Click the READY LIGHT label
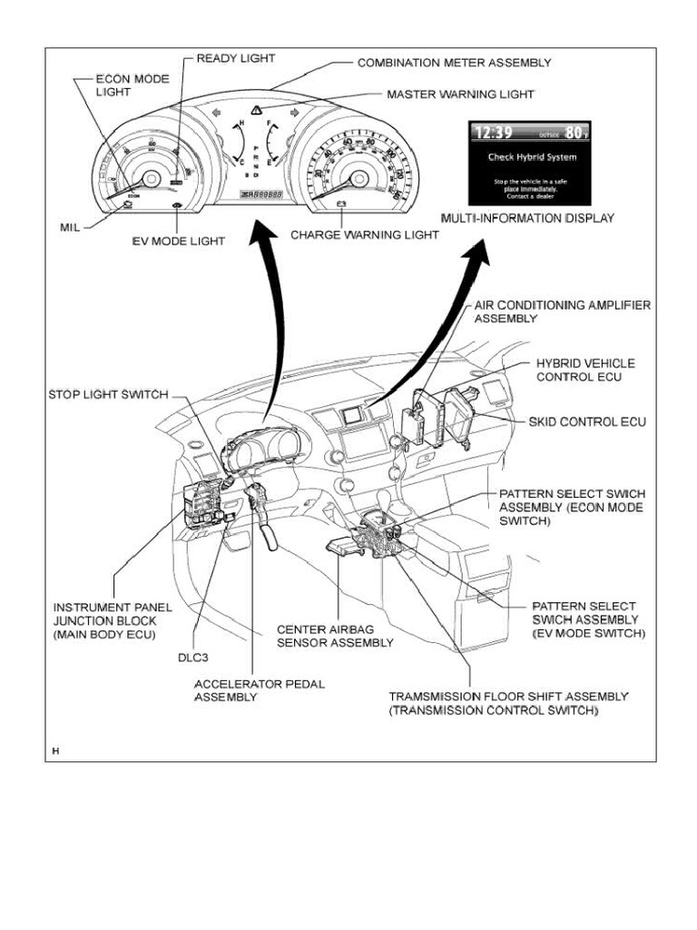[236, 58]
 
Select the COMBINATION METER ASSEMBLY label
[454, 63]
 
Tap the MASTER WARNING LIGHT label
[460, 94]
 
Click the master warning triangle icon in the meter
[258, 111]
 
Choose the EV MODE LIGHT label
[178, 242]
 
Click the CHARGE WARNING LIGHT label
[365, 234]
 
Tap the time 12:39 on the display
[496, 134]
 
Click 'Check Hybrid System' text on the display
[526, 157]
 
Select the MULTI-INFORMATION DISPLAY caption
[527, 218]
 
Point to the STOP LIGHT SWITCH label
[108, 394]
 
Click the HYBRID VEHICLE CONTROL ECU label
[585, 370]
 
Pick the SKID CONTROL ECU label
[587, 422]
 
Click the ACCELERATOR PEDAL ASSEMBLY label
[259, 690]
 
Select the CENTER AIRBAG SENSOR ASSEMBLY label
[335, 636]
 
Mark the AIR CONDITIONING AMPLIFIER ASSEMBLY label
[562, 312]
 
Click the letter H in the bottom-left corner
[55, 750]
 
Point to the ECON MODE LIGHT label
[132, 85]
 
